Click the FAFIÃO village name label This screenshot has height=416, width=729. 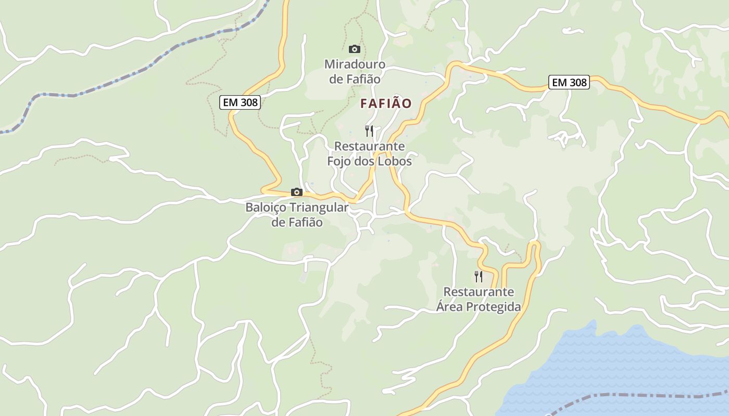[x=386, y=103]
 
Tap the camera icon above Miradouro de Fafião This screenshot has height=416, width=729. [x=355, y=49]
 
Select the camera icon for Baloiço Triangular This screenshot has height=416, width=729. [x=297, y=192]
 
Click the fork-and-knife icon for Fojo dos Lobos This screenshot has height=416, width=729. [x=369, y=131]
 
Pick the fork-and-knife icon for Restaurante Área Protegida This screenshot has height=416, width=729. [x=478, y=276]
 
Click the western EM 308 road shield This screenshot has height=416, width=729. [x=240, y=102]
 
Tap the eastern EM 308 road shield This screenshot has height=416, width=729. [x=569, y=82]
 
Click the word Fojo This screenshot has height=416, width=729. [x=339, y=161]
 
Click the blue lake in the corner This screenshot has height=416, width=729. [x=625, y=364]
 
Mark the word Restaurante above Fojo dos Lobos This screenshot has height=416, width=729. [x=370, y=146]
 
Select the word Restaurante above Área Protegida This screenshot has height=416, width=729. [x=479, y=292]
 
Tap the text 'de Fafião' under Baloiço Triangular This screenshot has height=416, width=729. [x=297, y=223]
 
